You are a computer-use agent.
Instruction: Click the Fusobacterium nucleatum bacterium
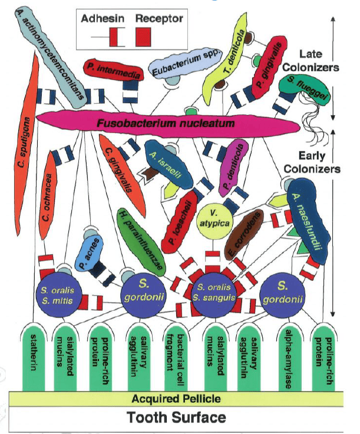pyautogui.click(x=167, y=123)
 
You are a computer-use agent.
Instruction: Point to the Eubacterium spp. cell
pyautogui.click(x=185, y=62)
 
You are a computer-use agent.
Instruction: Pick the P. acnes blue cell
pyautogui.click(x=90, y=254)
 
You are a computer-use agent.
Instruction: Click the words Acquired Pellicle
pyautogui.click(x=176, y=399)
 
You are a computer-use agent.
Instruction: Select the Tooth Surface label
pyautogui.click(x=176, y=417)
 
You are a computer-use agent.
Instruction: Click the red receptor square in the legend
pyautogui.click(x=143, y=37)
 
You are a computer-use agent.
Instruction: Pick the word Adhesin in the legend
pyautogui.click(x=103, y=18)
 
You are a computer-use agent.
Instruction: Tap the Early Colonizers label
pyautogui.click(x=312, y=162)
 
